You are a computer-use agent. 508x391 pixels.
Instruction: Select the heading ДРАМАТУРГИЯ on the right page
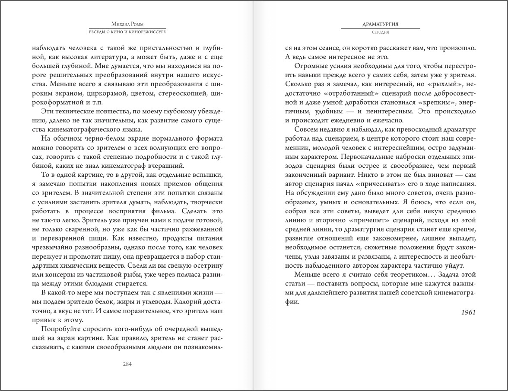[380, 25]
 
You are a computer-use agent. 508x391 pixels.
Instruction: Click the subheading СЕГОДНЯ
[380, 32]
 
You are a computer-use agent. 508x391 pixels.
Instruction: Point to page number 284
[127, 364]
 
